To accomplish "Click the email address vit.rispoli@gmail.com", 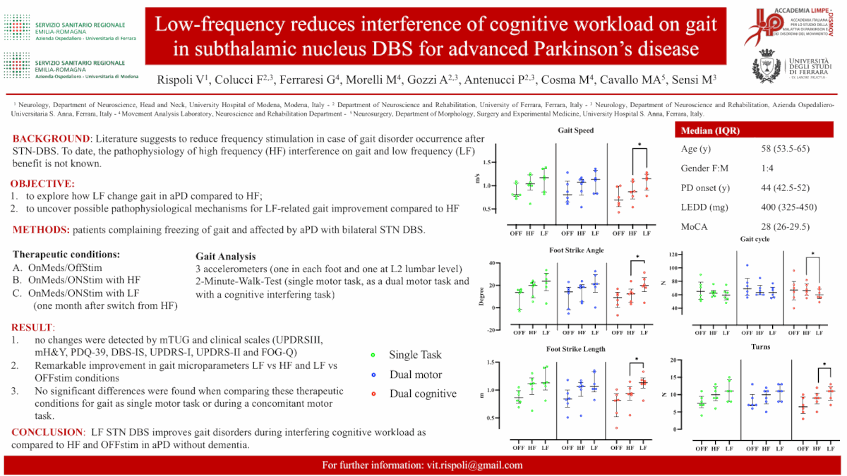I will coord(475,465).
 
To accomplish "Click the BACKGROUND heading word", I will coord(52,138).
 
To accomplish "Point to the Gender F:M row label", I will coord(704,169).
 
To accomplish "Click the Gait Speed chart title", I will coord(576,130).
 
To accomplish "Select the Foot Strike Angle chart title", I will coord(576,250).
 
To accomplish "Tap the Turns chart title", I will coord(761,347).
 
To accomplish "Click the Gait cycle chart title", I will coord(755,239).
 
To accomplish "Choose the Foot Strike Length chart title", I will coord(576,349).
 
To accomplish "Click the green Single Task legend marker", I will coord(373,355).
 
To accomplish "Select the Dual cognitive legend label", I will coord(423,393).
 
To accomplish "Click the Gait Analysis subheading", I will coord(225,256).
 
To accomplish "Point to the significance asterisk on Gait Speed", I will coord(639,145).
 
